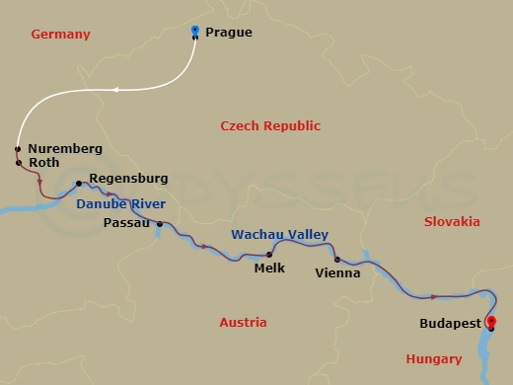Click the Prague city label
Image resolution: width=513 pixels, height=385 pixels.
coord(228,33)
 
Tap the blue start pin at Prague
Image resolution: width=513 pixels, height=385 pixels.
coord(195,31)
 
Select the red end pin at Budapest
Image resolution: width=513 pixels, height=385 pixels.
coord(491,321)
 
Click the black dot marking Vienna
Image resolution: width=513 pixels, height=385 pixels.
coord(337,260)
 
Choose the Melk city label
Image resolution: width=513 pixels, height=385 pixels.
coord(269,267)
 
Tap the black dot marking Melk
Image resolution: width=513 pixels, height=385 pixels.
coord(268,255)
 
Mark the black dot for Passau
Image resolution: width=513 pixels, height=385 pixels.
coord(159,224)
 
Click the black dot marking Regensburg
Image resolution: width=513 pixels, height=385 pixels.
coord(78,184)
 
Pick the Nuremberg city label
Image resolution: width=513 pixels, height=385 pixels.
coord(65,148)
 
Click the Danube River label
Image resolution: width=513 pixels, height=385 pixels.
coord(119,203)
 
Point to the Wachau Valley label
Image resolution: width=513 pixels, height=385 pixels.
coord(279,234)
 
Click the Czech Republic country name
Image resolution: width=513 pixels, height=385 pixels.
coord(270,125)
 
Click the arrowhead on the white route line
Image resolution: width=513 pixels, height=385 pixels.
coord(114,91)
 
